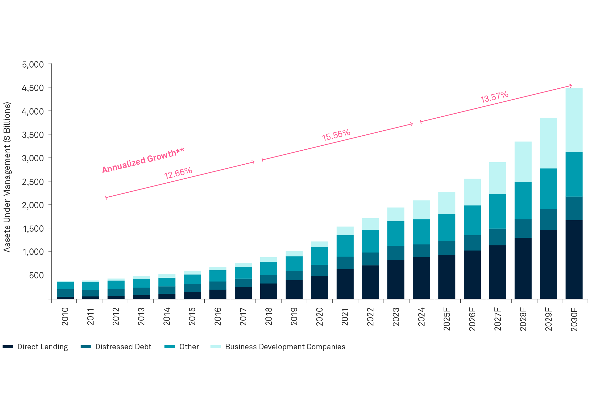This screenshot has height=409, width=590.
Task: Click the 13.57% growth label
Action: point(494,97)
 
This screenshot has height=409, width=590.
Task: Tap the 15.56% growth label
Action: point(336,135)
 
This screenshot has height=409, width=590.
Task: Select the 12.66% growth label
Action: point(178,173)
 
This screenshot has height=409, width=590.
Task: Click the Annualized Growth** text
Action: point(143,160)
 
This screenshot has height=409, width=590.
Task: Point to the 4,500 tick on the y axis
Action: point(33,88)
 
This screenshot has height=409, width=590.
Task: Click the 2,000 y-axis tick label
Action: point(33,205)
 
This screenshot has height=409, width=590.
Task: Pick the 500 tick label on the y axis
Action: point(36,275)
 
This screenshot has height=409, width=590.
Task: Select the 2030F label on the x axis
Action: point(574,320)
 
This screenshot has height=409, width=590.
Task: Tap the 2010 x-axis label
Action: point(65,317)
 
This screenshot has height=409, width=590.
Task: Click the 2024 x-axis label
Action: point(421,317)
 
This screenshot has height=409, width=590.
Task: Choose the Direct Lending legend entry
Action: point(42,347)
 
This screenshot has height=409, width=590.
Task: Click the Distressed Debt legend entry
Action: point(123,347)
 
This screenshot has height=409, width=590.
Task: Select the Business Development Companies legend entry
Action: point(285,347)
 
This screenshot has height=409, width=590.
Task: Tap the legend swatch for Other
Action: point(170,347)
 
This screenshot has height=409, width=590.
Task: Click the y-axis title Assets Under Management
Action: point(7,177)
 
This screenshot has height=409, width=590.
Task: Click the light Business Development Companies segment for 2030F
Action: point(574,120)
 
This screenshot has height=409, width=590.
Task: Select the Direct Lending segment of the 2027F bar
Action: point(497,272)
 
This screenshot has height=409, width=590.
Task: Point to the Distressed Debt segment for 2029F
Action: point(549,219)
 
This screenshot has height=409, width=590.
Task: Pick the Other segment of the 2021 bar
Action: point(345,246)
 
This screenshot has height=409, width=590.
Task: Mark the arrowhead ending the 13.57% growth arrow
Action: point(571,86)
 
